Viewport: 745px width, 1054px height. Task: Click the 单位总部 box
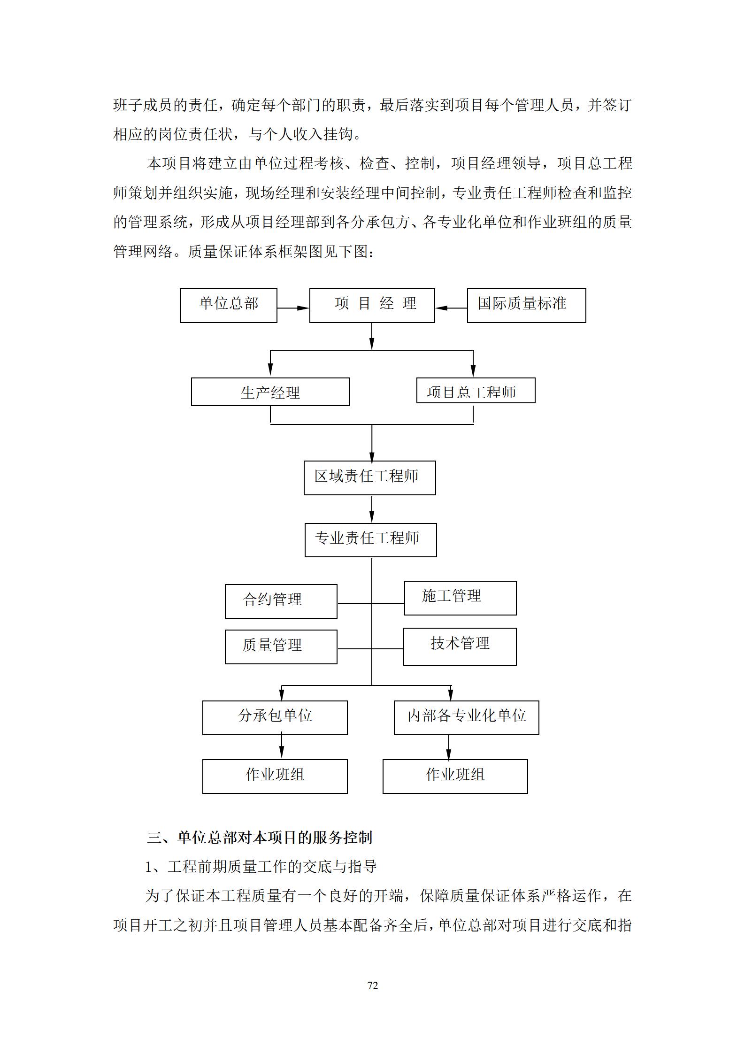point(229,306)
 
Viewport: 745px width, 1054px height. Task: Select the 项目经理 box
point(372,306)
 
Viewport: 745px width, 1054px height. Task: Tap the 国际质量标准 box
point(527,306)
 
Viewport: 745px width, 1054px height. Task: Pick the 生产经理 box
point(270,392)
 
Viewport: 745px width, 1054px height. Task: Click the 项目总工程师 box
point(476,390)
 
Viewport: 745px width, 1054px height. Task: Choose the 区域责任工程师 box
point(370,477)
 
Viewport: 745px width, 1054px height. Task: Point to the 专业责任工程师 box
point(371,540)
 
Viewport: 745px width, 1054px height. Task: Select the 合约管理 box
point(281,601)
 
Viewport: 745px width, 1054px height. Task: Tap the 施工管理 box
point(461,598)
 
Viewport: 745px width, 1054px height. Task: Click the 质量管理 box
point(281,647)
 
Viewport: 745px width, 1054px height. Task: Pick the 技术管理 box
point(460,646)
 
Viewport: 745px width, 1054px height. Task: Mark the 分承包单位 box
point(275,718)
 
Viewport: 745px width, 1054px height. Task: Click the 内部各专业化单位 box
point(467,718)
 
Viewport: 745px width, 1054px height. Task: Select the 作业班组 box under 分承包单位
point(275,777)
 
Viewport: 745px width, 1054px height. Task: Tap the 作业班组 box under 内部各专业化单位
point(455,777)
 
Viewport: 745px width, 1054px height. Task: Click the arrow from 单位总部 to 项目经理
point(293,308)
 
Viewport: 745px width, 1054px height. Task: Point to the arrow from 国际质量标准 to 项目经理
point(451,308)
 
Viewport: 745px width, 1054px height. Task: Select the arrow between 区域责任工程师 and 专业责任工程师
point(372,509)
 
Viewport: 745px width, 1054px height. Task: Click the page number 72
point(372,985)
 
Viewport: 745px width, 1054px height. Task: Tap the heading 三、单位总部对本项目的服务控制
point(260,838)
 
